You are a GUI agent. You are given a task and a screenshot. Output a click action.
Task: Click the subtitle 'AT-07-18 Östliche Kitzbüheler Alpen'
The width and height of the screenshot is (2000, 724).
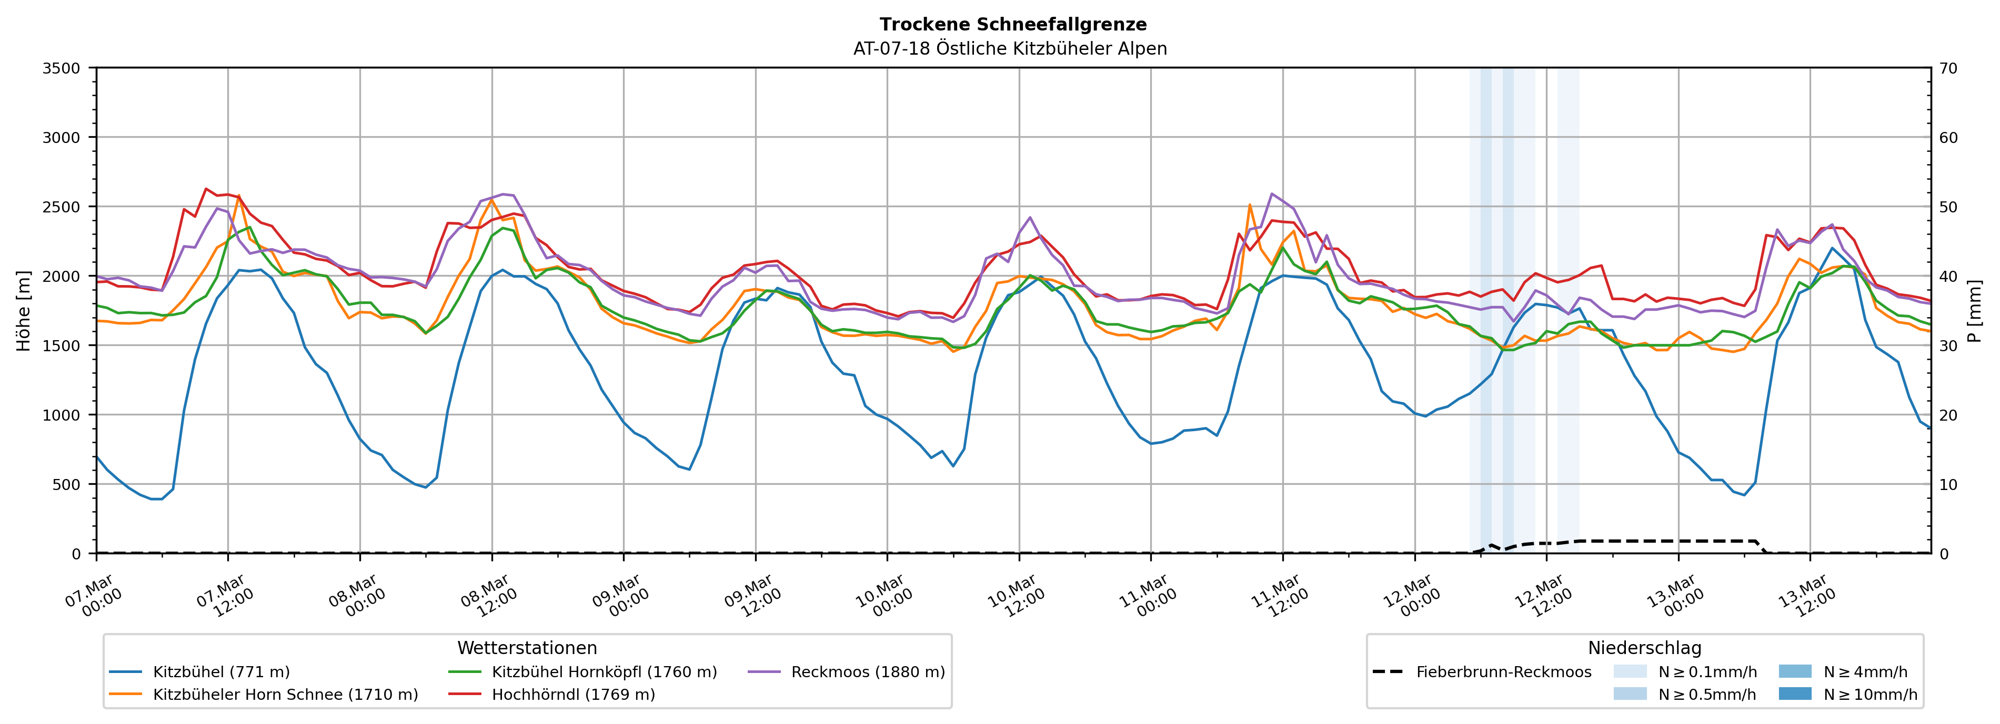[1009, 49]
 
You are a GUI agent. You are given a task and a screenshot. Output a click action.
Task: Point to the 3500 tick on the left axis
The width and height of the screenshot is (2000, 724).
[62, 68]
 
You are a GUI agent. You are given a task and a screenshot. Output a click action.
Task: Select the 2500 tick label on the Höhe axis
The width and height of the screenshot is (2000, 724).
[62, 207]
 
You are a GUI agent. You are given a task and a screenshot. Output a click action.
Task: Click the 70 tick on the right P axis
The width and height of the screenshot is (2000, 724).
[1948, 68]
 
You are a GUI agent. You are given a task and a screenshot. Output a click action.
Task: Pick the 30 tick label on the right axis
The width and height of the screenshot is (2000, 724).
[1948, 346]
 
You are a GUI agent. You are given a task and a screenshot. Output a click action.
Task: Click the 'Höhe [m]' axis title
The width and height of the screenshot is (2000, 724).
[24, 310]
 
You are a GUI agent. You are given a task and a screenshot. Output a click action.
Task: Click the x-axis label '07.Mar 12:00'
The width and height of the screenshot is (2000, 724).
[225, 596]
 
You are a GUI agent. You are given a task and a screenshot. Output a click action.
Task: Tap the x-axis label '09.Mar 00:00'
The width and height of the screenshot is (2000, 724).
[621, 596]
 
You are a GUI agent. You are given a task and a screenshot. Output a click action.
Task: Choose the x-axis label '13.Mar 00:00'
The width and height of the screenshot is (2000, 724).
[1676, 596]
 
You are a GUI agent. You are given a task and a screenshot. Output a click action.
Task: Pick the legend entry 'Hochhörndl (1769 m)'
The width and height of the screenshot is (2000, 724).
[573, 695]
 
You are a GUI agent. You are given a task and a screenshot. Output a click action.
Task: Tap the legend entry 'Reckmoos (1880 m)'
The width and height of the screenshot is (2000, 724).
[867, 672]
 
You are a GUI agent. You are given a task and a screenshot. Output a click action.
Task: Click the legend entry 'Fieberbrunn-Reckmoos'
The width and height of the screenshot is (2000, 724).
[1503, 672]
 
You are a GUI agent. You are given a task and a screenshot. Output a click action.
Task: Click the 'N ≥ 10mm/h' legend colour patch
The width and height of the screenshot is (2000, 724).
[1794, 694]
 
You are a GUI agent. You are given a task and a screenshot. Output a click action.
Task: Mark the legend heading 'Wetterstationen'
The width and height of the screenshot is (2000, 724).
[527, 648]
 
